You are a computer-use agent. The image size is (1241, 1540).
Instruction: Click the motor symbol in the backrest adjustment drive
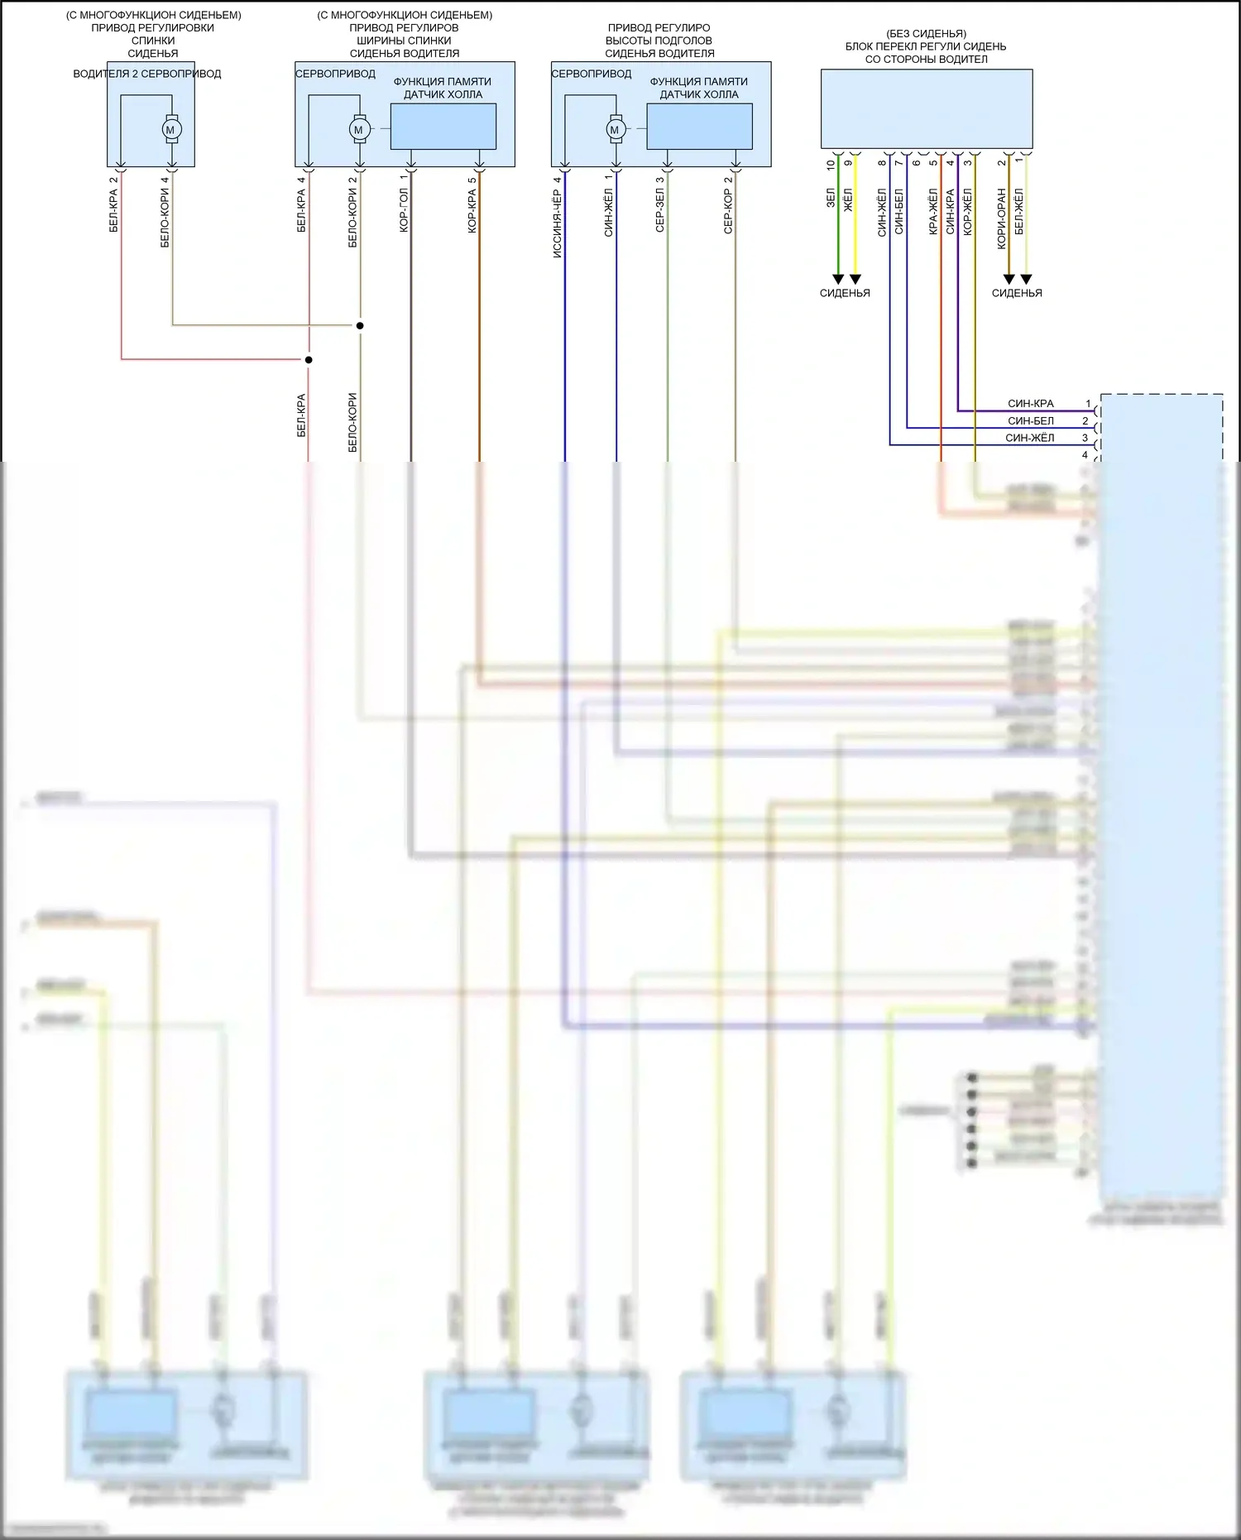pyautogui.click(x=171, y=130)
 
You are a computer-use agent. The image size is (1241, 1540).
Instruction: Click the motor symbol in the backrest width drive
pyautogui.click(x=359, y=130)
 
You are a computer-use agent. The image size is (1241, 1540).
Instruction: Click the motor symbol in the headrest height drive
pyautogui.click(x=615, y=130)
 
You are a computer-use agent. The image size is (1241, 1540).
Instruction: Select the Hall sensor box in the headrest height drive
pyautogui.click(x=699, y=127)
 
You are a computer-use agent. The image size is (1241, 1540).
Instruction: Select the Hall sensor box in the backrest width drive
pyautogui.click(x=443, y=127)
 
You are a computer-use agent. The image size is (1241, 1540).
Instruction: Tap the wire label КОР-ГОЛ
pyautogui.click(x=404, y=210)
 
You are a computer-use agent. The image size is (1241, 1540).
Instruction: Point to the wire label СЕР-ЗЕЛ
pyautogui.click(x=660, y=211)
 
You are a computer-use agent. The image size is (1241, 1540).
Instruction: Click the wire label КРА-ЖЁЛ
pyautogui.click(x=933, y=212)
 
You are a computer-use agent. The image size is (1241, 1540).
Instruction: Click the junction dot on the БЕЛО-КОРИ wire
pyautogui.click(x=360, y=325)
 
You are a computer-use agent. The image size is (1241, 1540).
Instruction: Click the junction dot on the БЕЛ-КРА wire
pyautogui.click(x=309, y=360)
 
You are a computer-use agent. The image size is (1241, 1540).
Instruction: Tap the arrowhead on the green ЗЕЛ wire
pyautogui.click(x=838, y=280)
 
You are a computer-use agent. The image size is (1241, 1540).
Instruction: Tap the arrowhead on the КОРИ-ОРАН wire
pyautogui.click(x=1009, y=280)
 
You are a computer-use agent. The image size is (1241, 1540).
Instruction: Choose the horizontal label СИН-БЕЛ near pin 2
pyautogui.click(x=1031, y=421)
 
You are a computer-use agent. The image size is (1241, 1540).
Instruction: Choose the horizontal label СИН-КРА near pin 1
pyautogui.click(x=1031, y=404)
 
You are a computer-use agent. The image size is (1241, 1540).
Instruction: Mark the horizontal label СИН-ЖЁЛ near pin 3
pyautogui.click(x=1030, y=438)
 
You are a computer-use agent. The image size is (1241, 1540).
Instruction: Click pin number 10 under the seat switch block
pyautogui.click(x=831, y=165)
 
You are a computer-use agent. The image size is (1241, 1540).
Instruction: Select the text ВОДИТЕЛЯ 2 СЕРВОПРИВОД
pyautogui.click(x=147, y=74)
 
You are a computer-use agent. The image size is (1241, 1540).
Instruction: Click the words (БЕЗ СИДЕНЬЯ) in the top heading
pyautogui.click(x=926, y=34)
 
